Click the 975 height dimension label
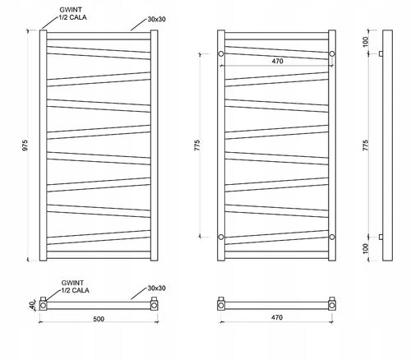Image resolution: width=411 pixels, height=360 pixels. [25, 145]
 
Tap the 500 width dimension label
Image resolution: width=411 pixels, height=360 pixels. [99, 319]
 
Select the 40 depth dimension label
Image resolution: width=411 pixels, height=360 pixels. [32, 304]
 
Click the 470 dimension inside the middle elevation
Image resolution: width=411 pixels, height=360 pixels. [277, 61]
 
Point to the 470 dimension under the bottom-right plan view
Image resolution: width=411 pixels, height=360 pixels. [277, 317]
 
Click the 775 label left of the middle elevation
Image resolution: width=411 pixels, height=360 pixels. [197, 145]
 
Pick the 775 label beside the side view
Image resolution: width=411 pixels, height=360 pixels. [366, 145]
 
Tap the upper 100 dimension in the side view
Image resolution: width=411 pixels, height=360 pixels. [366, 42]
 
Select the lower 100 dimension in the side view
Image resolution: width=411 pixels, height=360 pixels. [366, 248]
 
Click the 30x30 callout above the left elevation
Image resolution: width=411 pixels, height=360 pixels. [156, 19]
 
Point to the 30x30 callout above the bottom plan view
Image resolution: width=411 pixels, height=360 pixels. [156, 288]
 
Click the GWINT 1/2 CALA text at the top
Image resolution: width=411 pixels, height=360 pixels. [72, 13]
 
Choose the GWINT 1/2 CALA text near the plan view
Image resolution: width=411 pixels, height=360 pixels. [75, 286]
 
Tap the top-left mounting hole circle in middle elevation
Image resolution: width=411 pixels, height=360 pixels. [221, 53]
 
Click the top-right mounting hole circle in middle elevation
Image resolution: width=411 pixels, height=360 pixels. [332, 53]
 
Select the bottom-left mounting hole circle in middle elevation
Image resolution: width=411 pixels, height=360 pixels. [221, 237]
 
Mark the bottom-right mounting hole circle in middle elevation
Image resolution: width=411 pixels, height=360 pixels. [332, 237]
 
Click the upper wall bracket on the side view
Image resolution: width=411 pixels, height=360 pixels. [381, 53]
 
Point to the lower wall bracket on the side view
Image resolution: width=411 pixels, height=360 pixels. [381, 237]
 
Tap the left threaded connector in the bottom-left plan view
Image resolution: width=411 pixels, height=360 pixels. [43, 303]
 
